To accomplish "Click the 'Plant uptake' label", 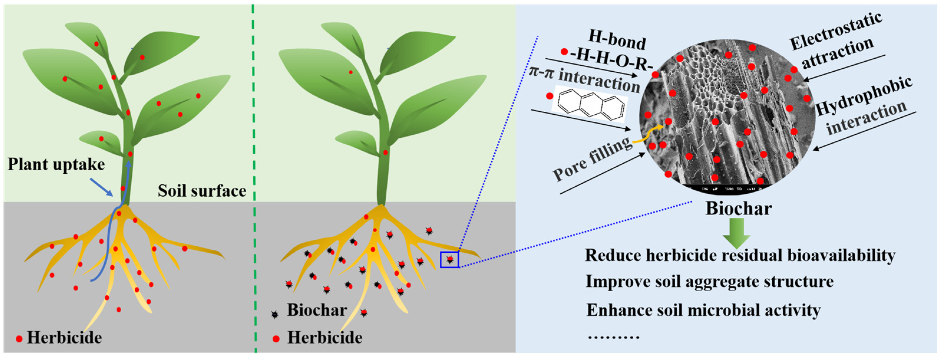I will tap(56, 165).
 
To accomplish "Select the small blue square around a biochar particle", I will tap(450, 260).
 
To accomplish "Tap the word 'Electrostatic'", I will tap(836, 31).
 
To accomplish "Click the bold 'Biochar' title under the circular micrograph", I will tap(738, 208).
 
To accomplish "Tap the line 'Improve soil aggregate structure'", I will tap(709, 282).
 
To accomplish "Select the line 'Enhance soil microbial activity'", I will tap(704, 310).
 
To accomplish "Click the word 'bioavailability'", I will tap(841, 255).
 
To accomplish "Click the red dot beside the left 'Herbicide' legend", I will tap(19, 339).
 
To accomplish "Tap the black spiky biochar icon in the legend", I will tap(274, 314).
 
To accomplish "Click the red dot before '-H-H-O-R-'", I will tap(564, 52).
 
